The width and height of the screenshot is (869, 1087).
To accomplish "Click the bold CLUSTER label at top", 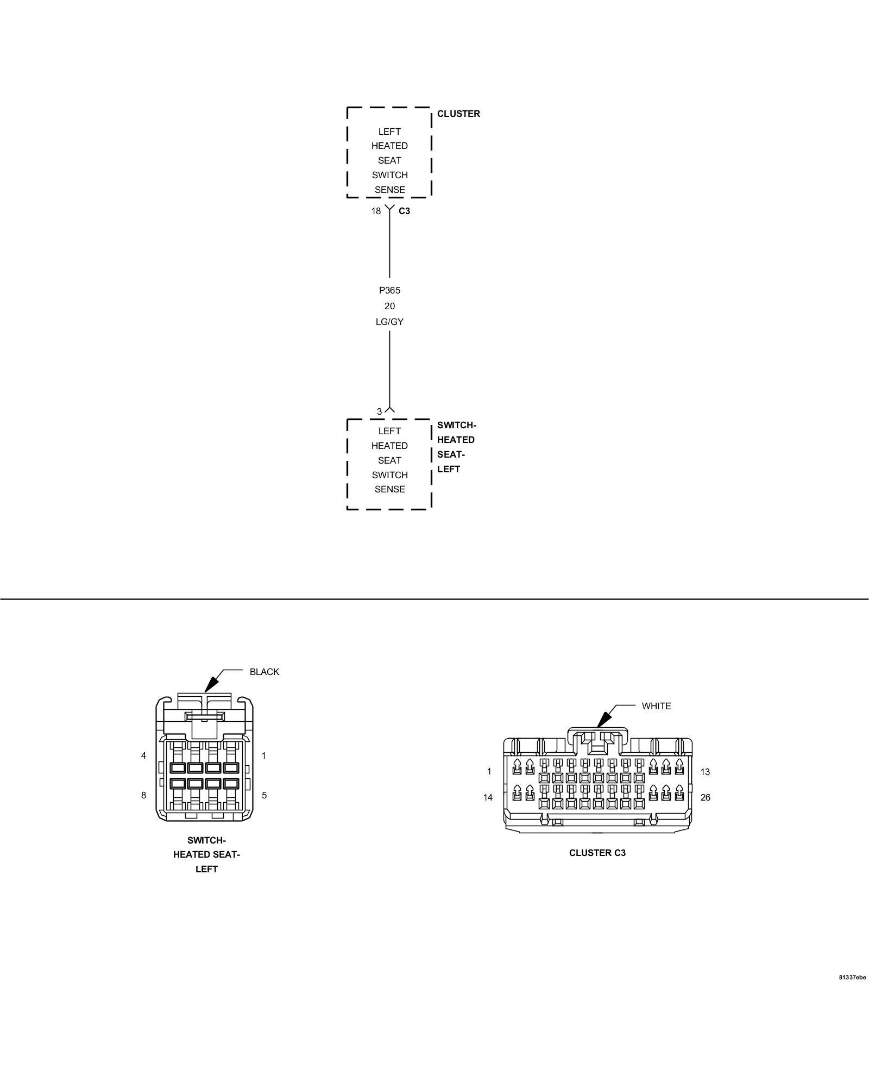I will [x=458, y=114].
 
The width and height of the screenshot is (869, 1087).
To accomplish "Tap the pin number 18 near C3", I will [x=376, y=211].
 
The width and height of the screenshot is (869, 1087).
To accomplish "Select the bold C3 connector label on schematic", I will [x=404, y=211].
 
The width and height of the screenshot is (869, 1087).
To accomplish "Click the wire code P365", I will [x=389, y=290].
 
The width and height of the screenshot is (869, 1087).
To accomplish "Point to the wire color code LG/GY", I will [x=389, y=322].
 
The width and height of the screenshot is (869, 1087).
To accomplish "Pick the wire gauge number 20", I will [x=389, y=306].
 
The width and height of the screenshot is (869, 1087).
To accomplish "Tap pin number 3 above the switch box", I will [x=379, y=411].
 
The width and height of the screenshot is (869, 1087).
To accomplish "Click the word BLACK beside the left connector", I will [x=264, y=672].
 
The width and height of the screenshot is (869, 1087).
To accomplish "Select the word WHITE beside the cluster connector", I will [x=656, y=706].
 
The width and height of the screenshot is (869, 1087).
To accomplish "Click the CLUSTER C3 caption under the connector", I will [x=597, y=853].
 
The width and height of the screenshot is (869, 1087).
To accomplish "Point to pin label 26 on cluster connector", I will [x=705, y=797].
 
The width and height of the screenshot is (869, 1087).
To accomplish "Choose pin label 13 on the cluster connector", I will [x=705, y=772].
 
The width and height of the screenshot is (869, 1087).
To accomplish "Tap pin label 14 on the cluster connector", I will [x=488, y=797].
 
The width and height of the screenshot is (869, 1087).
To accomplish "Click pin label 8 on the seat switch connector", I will [x=143, y=795].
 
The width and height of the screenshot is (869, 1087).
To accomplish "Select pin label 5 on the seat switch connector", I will [x=264, y=795].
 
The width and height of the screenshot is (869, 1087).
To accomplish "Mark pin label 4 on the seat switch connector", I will [x=143, y=755].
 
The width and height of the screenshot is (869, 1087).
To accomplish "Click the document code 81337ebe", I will [x=852, y=992].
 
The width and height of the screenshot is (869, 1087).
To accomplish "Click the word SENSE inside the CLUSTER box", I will [x=389, y=190].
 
